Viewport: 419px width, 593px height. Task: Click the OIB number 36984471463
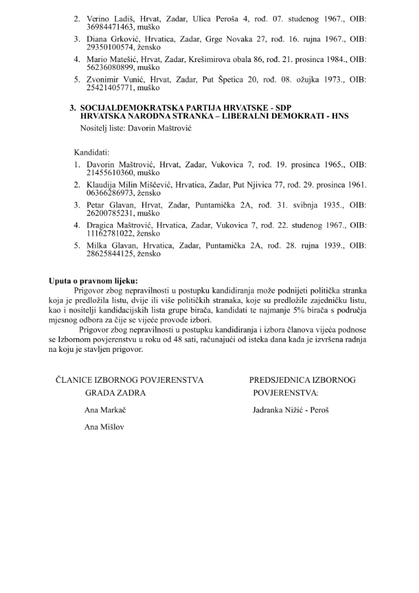[x=101, y=30]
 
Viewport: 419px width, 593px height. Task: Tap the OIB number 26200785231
[x=101, y=214]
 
